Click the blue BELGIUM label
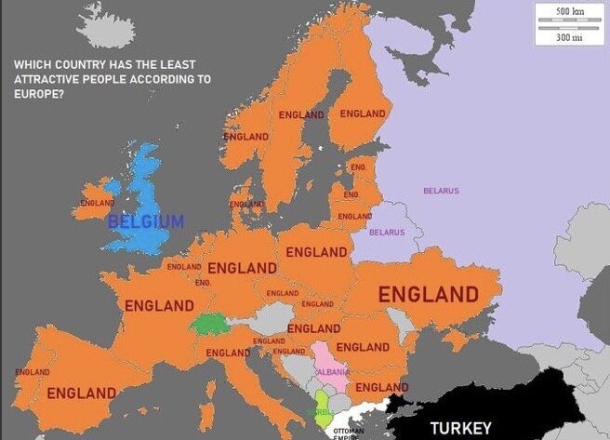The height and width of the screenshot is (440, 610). coord(145,221)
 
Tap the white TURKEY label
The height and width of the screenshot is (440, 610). coord(460,428)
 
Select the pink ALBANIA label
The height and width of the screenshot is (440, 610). coord(332,371)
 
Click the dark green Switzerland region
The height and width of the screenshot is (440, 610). coord(211,325)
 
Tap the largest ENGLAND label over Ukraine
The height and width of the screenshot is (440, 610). coord(429,296)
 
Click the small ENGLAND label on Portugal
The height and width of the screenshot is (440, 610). coord(32,372)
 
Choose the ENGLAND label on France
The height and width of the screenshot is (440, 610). coord(159,305)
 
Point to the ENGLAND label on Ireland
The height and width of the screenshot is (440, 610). coord(98,202)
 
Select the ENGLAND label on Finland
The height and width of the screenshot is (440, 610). coord(362,113)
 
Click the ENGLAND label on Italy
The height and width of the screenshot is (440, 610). coord(228,353)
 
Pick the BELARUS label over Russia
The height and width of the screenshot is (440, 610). coord(441,191)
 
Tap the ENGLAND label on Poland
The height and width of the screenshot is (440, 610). coord(316,252)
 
